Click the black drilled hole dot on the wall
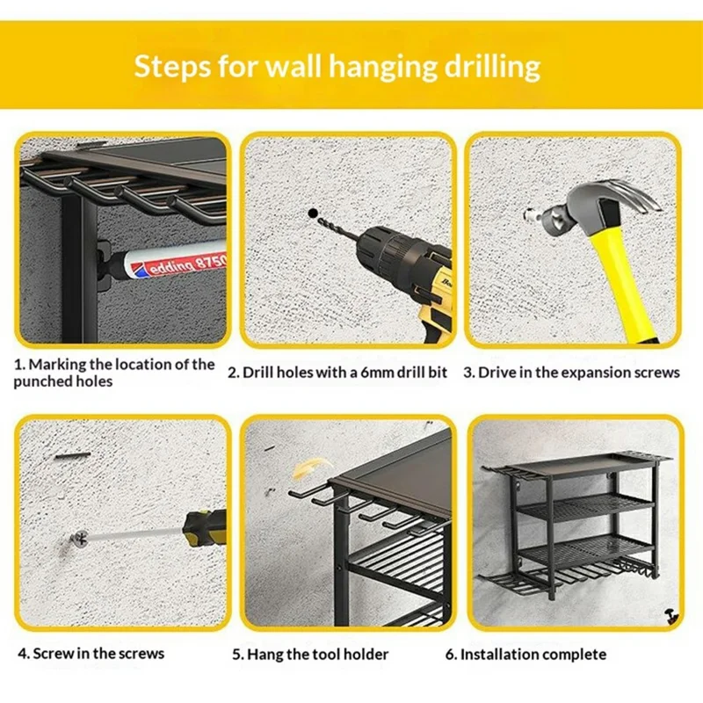click(312, 213)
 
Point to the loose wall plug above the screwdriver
click(75, 455)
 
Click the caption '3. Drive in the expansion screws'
click(571, 373)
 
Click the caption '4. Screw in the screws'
click(91, 653)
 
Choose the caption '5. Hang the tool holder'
click(310, 654)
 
